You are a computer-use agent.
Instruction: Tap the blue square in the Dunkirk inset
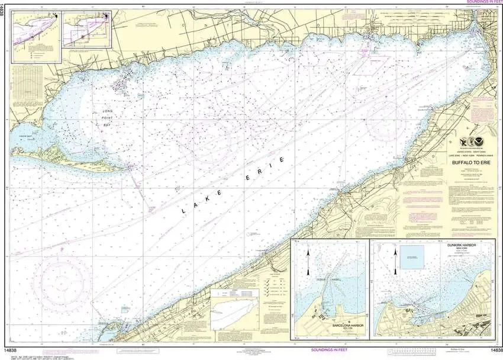tap(414, 261)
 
